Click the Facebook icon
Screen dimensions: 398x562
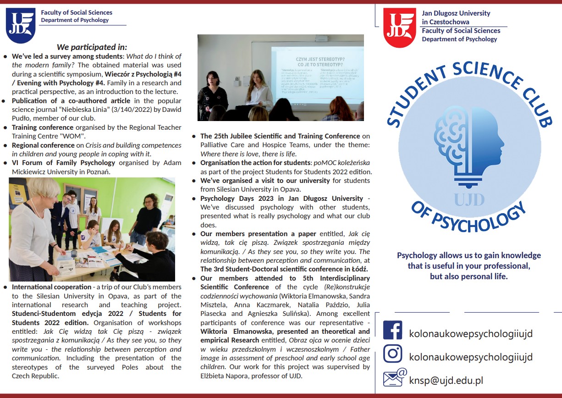pyautogui.click(x=392, y=330)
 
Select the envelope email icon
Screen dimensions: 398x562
pyautogui.click(x=394, y=378)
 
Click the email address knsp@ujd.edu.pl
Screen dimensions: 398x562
pyautogui.click(x=446, y=380)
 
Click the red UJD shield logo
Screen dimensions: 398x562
pyautogui.click(x=399, y=28)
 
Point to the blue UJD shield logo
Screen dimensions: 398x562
pyautogui.click(x=21, y=25)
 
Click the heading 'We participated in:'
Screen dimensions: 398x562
pyautogui.click(x=92, y=47)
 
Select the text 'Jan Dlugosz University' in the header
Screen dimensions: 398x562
pyautogui.click(x=456, y=13)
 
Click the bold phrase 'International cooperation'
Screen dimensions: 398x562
pyautogui.click(x=52, y=287)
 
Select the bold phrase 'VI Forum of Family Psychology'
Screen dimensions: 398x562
pyautogui.click(x=63, y=163)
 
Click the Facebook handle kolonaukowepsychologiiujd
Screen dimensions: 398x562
pyautogui.click(x=471, y=333)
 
